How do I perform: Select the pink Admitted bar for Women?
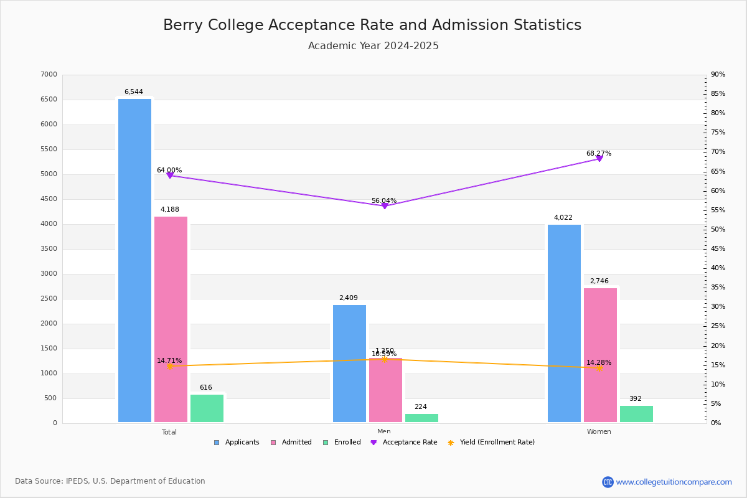tap(600, 355)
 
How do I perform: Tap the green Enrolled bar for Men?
tap(421, 418)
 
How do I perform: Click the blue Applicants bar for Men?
tap(349, 364)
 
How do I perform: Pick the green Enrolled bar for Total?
tap(207, 408)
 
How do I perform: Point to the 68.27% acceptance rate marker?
tap(599, 159)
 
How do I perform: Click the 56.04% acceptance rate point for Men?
tap(384, 206)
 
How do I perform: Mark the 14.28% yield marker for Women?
tap(599, 368)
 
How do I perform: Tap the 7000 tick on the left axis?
tap(49, 75)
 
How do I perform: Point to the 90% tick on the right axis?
tap(718, 75)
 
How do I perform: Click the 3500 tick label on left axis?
tap(49, 249)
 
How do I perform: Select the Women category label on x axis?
tap(599, 432)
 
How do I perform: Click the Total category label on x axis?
tap(169, 432)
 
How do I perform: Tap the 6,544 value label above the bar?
tap(134, 92)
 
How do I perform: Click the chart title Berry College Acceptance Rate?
tap(372, 25)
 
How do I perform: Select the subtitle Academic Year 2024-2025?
tap(374, 46)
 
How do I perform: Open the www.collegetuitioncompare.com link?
tap(674, 482)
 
